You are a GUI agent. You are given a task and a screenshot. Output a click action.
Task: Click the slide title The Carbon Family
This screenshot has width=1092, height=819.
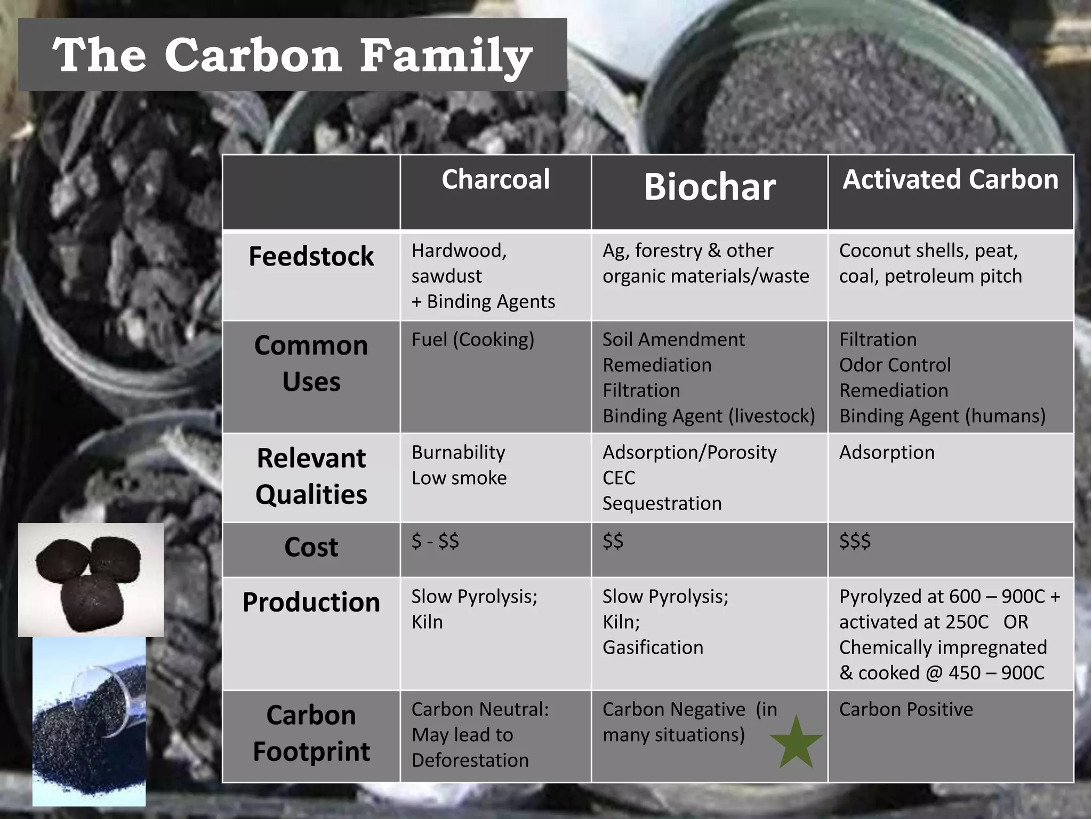tap(292, 55)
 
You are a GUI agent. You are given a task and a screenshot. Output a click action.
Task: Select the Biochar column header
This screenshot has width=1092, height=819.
tap(709, 187)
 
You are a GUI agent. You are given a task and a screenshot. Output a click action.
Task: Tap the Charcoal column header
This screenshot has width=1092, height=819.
tap(495, 179)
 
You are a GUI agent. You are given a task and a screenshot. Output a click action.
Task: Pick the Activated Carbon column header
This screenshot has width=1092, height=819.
tap(950, 179)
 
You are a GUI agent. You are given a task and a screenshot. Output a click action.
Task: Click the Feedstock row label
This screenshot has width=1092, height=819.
tap(311, 256)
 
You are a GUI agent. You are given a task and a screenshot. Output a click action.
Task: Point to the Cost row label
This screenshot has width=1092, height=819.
tap(311, 547)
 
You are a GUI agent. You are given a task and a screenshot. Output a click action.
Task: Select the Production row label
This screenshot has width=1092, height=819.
tap(311, 603)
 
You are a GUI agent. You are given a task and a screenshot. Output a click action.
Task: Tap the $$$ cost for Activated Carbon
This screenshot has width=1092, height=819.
tap(855, 541)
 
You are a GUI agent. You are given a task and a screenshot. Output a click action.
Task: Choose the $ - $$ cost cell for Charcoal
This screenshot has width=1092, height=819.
tap(435, 541)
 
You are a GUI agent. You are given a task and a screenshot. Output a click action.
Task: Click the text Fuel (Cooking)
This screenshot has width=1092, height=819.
tap(472, 340)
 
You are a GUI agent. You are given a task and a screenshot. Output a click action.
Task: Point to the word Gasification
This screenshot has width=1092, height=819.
tap(653, 647)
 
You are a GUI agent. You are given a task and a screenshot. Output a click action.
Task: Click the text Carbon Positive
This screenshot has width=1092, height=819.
tap(906, 709)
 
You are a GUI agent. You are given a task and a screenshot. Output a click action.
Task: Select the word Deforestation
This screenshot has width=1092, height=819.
tap(470, 760)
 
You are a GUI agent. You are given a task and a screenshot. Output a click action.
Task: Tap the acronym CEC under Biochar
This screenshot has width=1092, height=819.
tap(619, 478)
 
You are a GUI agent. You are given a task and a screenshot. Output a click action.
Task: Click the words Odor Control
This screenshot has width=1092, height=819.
tap(895, 365)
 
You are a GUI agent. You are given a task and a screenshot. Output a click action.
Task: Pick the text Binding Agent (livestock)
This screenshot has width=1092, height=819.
tap(709, 416)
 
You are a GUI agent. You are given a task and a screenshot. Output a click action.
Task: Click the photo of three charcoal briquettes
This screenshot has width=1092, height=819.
tap(91, 580)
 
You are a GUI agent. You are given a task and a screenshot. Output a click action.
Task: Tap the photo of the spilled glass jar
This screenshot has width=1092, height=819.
tap(89, 721)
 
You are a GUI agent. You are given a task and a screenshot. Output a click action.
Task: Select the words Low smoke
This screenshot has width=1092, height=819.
tap(459, 478)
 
